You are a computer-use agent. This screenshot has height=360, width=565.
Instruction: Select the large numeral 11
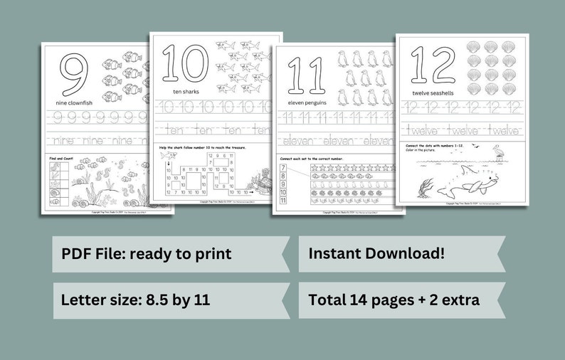click(x=304, y=74)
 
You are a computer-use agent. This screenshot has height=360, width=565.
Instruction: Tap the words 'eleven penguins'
click(x=306, y=102)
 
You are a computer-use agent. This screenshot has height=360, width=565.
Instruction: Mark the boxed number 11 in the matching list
click(x=282, y=201)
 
